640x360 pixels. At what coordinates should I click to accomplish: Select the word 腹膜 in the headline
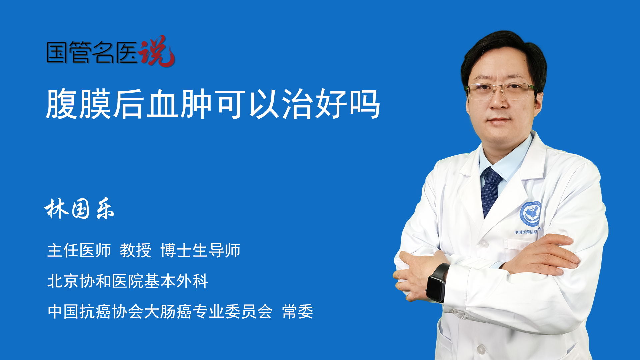pyautogui.click(x=79, y=104)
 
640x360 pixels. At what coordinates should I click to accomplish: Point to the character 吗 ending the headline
pyautogui.click(x=365, y=104)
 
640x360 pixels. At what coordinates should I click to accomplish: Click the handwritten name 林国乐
pyautogui.click(x=79, y=209)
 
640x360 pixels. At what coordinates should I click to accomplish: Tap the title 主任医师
pyautogui.click(x=79, y=250)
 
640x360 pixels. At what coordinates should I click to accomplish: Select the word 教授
pyautogui.click(x=136, y=250)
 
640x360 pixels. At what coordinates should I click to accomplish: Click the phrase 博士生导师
pyautogui.click(x=200, y=250)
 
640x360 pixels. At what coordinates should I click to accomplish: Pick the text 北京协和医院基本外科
pyautogui.click(x=128, y=281)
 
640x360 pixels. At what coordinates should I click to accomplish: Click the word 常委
pyautogui.click(x=298, y=312)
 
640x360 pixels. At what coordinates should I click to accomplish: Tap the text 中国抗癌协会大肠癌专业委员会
pyautogui.click(x=160, y=312)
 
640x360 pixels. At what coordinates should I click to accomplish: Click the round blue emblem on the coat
pyautogui.click(x=530, y=214)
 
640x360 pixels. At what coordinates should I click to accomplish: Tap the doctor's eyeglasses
pyautogui.click(x=500, y=91)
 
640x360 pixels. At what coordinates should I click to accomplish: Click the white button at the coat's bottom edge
pyautogui.click(x=481, y=350)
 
